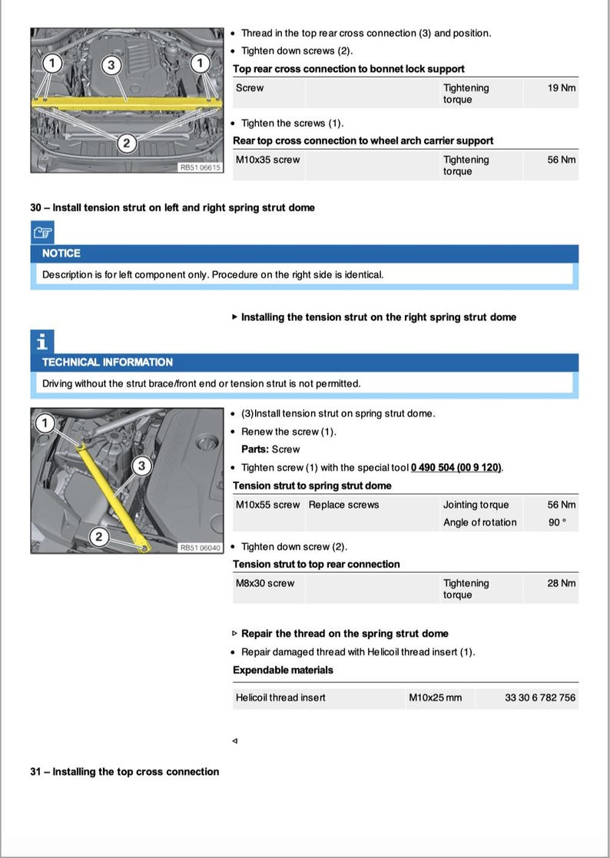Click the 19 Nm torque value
(x=561, y=88)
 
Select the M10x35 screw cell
(x=267, y=160)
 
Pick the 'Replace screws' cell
(x=343, y=505)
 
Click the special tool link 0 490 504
(x=456, y=468)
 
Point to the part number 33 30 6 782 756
(x=539, y=697)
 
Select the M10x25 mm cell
(x=435, y=697)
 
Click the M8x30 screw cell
(x=264, y=583)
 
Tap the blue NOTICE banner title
(x=61, y=253)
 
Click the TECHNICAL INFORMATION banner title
(x=108, y=362)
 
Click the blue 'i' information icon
(x=42, y=340)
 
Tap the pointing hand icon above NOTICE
(x=42, y=231)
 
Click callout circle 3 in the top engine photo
(x=111, y=65)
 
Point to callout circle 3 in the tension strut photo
(x=141, y=465)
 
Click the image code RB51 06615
(x=200, y=166)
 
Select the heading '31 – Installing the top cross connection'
(x=124, y=772)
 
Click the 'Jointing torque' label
(x=476, y=505)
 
